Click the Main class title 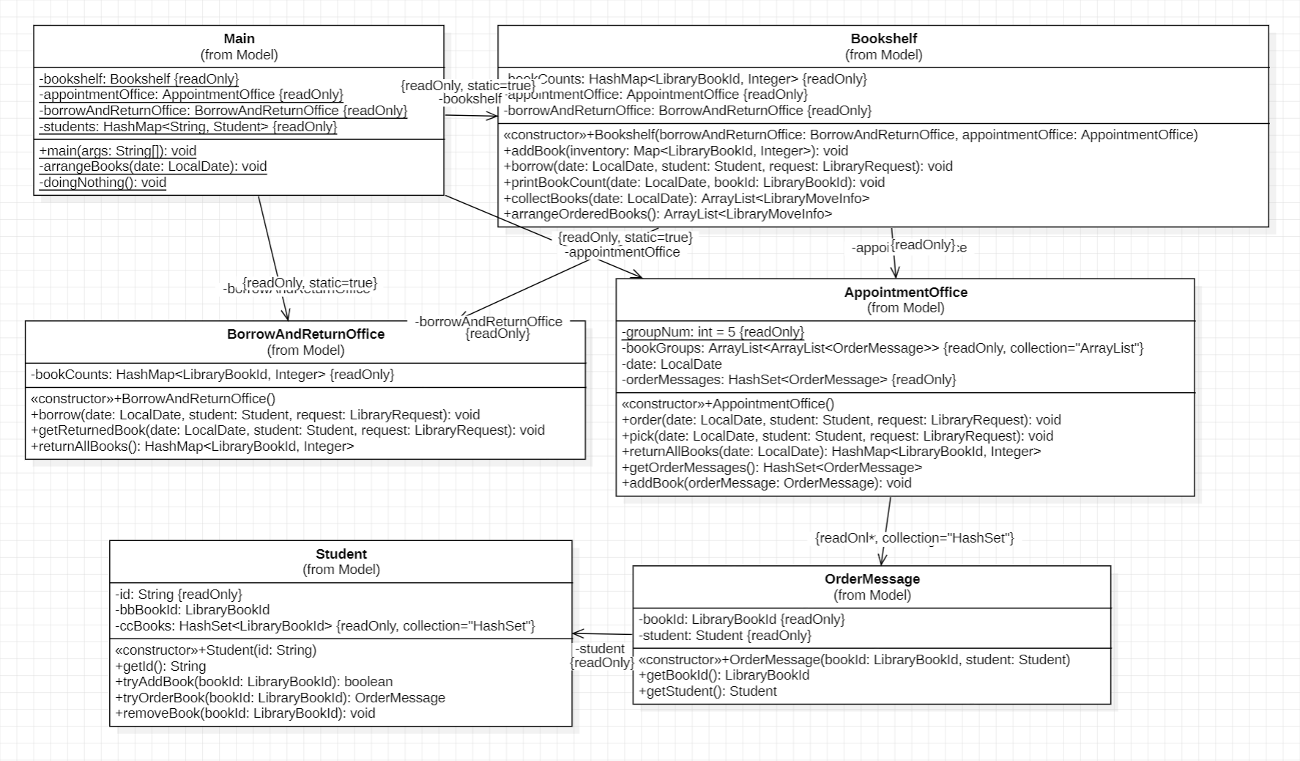(x=239, y=39)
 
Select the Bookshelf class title (x=883, y=39)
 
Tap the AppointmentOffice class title (x=905, y=293)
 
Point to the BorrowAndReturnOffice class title (x=305, y=334)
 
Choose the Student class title (x=341, y=554)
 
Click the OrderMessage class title (x=872, y=579)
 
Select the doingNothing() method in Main (x=103, y=183)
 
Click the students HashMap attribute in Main (x=188, y=127)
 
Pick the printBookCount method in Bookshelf (x=694, y=183)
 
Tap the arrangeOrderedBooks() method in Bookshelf (x=667, y=214)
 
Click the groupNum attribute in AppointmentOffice (x=713, y=332)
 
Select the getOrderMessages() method (x=771, y=468)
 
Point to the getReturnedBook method (x=287, y=430)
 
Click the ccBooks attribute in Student (x=325, y=626)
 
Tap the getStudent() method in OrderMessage (x=707, y=691)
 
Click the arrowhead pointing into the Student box (x=576, y=633)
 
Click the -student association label (x=600, y=649)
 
